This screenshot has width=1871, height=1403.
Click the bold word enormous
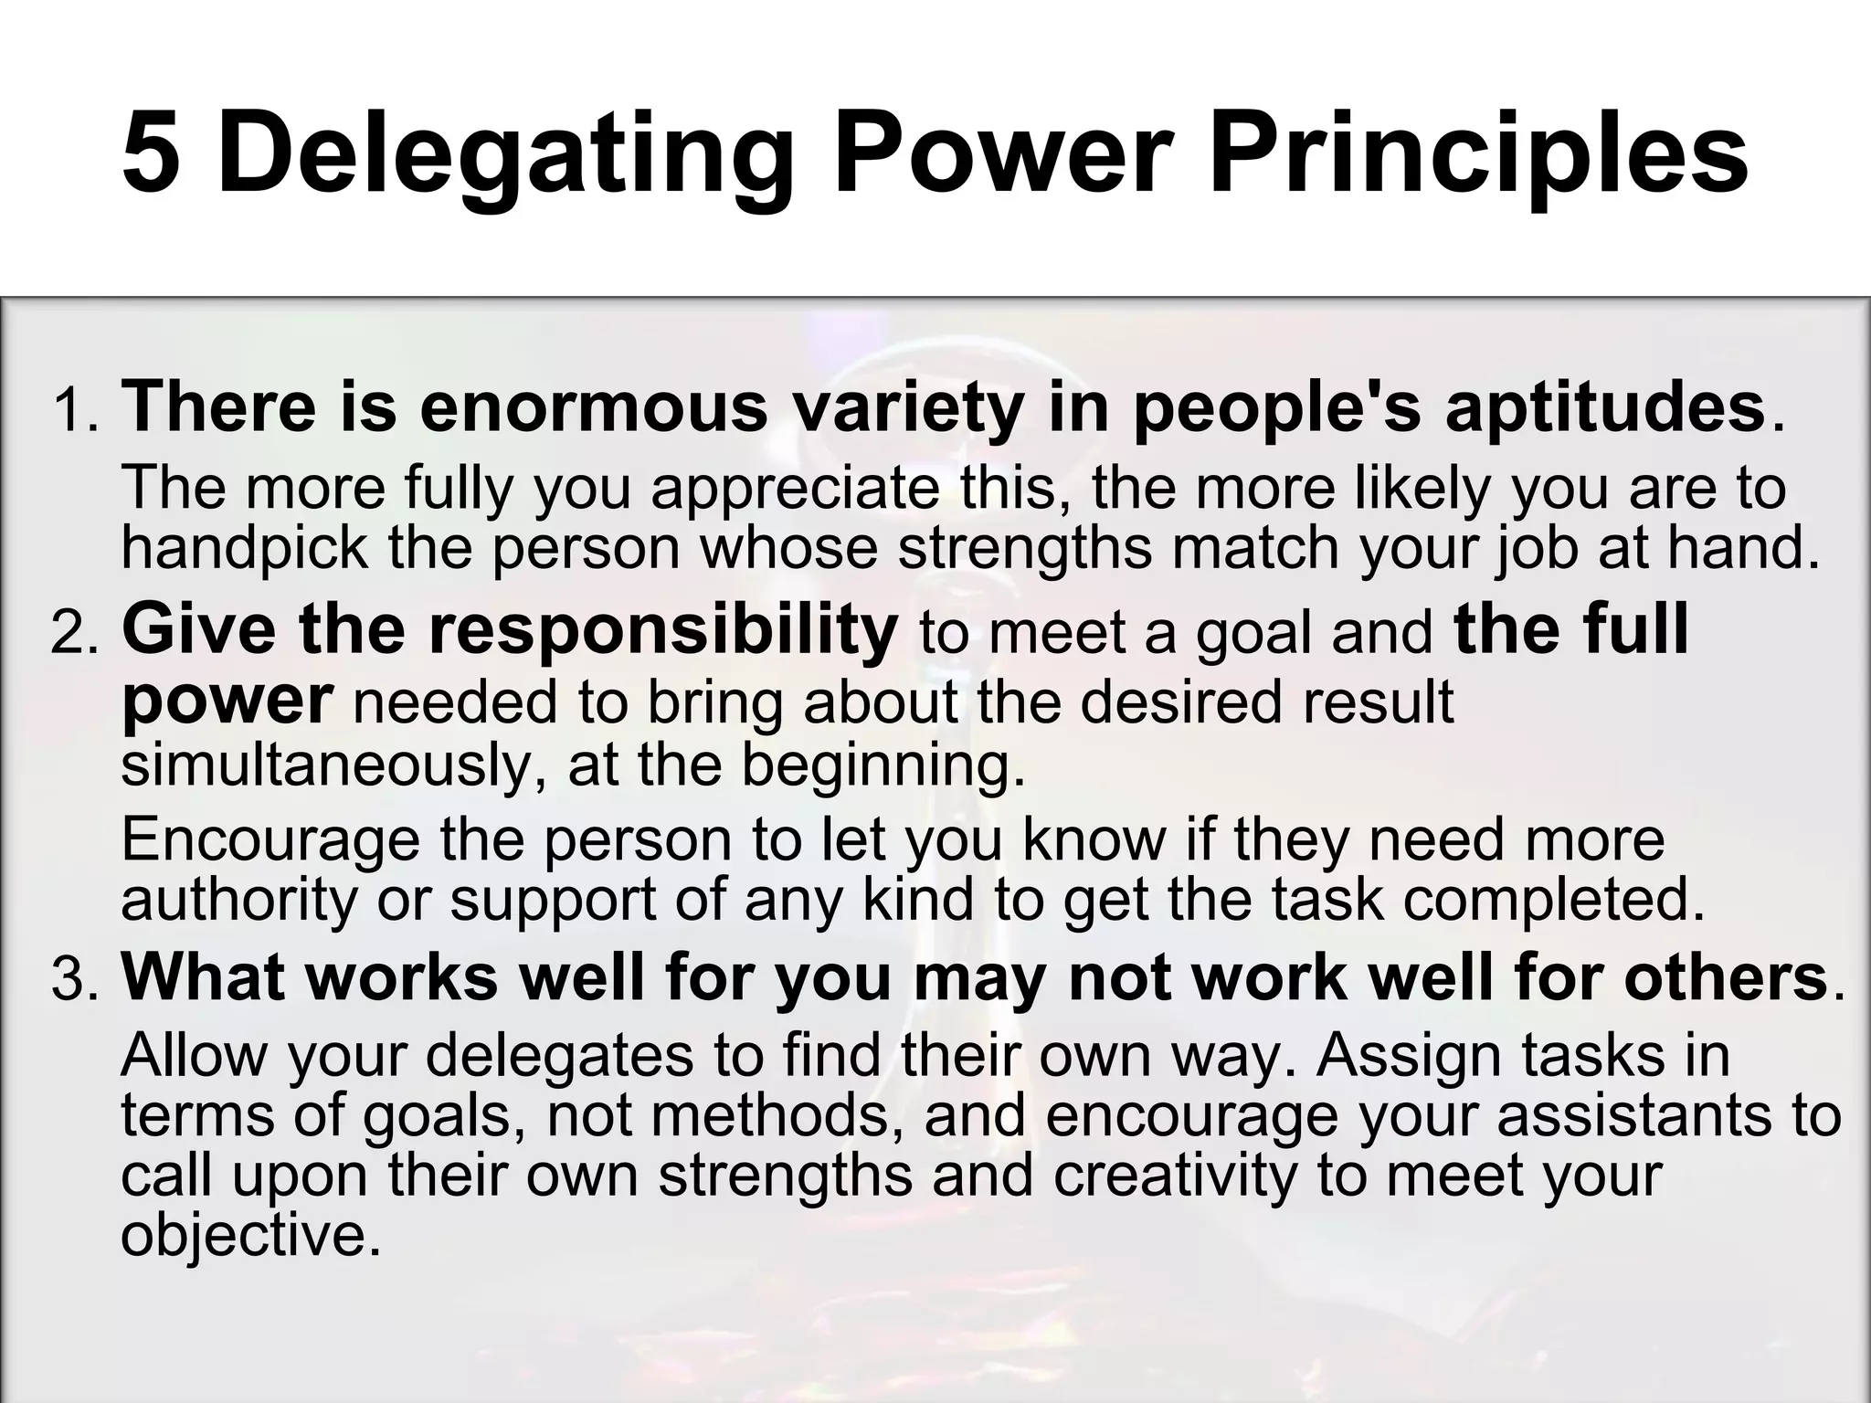point(594,408)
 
